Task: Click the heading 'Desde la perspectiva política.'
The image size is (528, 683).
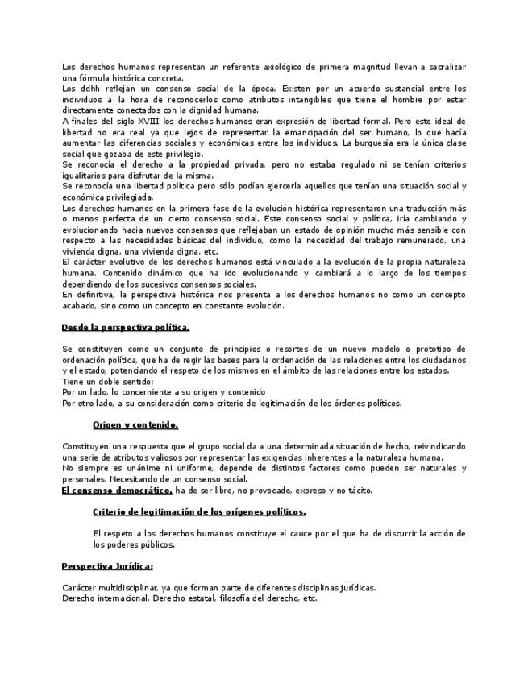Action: (126, 327)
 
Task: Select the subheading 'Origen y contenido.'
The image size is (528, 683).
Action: (135, 424)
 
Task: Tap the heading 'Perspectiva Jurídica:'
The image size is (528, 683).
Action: (107, 566)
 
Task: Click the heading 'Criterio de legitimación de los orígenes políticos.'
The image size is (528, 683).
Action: (199, 511)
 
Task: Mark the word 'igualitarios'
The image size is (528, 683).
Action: (86, 176)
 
